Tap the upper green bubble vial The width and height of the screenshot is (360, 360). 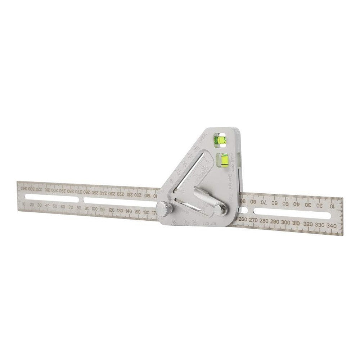[219, 140]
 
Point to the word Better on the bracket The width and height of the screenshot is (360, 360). [231, 180]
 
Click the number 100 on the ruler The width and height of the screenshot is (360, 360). [95, 209]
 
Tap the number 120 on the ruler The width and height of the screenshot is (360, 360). [111, 210]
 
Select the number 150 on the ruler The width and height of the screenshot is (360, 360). [137, 212]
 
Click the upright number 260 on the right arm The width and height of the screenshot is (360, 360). [243, 219]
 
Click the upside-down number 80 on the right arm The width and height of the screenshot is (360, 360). [253, 201]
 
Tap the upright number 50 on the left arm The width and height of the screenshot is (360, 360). [55, 206]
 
